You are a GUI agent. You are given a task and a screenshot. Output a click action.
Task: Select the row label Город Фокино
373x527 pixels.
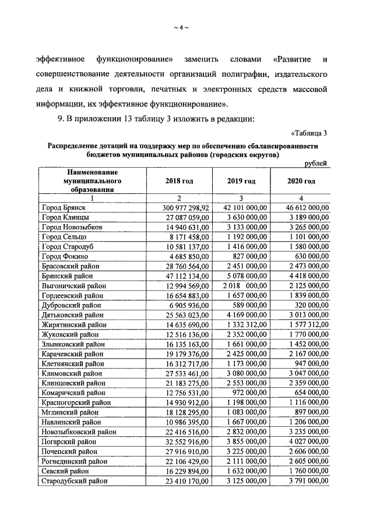point(65,256)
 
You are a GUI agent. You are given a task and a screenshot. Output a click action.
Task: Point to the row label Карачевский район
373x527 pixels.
point(72,354)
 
